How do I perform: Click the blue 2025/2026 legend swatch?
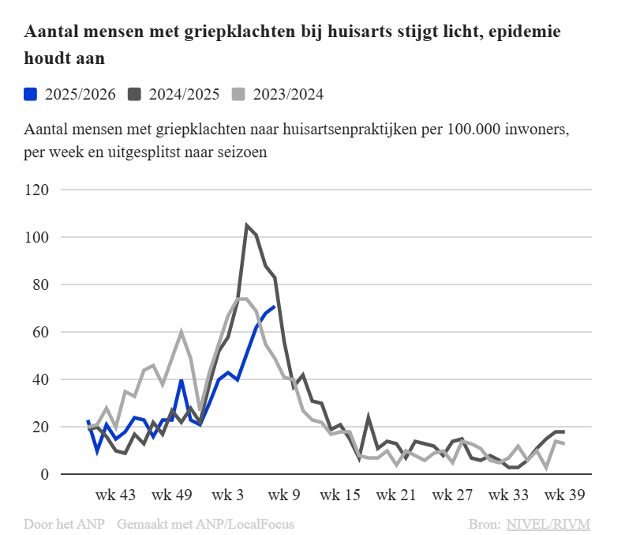(31, 94)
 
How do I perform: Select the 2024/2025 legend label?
(183, 94)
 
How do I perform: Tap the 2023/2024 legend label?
(288, 94)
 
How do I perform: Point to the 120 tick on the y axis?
(38, 190)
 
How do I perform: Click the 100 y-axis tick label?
(38, 238)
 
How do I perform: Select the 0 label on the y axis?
(45, 474)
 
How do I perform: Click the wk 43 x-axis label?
(115, 495)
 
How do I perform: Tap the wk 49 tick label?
(172, 495)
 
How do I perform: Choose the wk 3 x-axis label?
(230, 495)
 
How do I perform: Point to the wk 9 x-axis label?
(285, 495)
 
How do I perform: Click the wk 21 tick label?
(396, 495)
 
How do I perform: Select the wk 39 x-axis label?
(566, 495)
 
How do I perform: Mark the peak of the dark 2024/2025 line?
(247, 225)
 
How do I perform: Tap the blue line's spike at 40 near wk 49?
(182, 380)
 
